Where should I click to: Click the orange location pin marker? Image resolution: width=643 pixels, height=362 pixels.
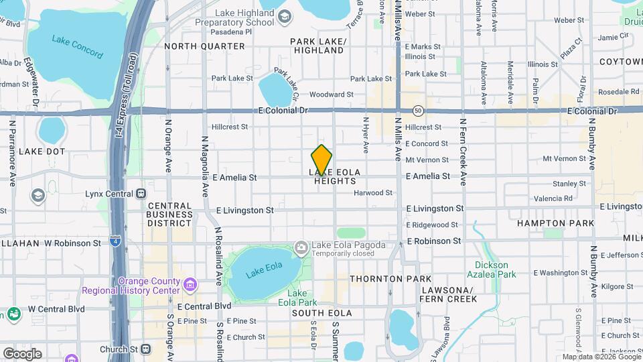click(321, 160)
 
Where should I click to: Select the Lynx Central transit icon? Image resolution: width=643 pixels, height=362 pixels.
click(141, 194)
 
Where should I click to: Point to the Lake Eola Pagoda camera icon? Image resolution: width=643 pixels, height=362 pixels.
click(301, 247)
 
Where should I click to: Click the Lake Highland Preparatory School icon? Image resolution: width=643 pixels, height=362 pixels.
click(284, 17)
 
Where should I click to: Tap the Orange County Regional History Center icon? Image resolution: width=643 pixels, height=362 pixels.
click(190, 285)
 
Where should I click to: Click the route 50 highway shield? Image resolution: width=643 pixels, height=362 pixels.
click(418, 110)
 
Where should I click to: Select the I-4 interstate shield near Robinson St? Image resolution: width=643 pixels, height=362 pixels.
click(116, 241)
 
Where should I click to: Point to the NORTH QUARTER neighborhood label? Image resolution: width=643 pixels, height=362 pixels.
click(204, 46)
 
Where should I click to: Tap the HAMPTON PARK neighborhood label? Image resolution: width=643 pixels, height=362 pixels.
click(555, 223)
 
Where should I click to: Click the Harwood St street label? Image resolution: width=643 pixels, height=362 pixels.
click(373, 193)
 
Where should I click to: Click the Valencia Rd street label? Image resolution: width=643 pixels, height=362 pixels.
click(553, 198)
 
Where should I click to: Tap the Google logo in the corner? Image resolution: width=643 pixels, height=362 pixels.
click(22, 353)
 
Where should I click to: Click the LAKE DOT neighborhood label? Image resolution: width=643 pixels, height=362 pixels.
click(42, 152)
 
